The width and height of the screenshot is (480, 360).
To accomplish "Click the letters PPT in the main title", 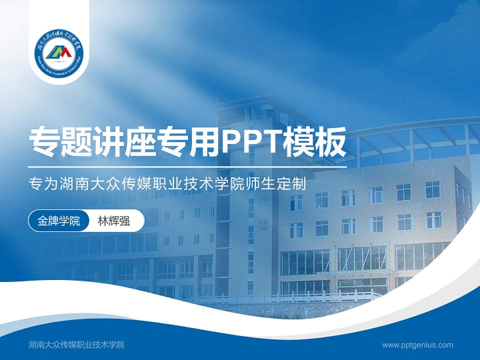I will pos(249,141).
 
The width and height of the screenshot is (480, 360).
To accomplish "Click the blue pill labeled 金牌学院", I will pos(58,220).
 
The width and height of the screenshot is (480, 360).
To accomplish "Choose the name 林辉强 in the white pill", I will pos(114,220).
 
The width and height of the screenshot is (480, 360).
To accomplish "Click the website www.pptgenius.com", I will pos(417,344).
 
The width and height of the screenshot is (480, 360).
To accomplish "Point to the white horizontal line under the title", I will pos(187,166).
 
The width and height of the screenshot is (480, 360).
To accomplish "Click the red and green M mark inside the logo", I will pos(59,51).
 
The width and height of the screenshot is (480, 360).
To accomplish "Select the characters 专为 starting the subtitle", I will pos(43,184).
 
